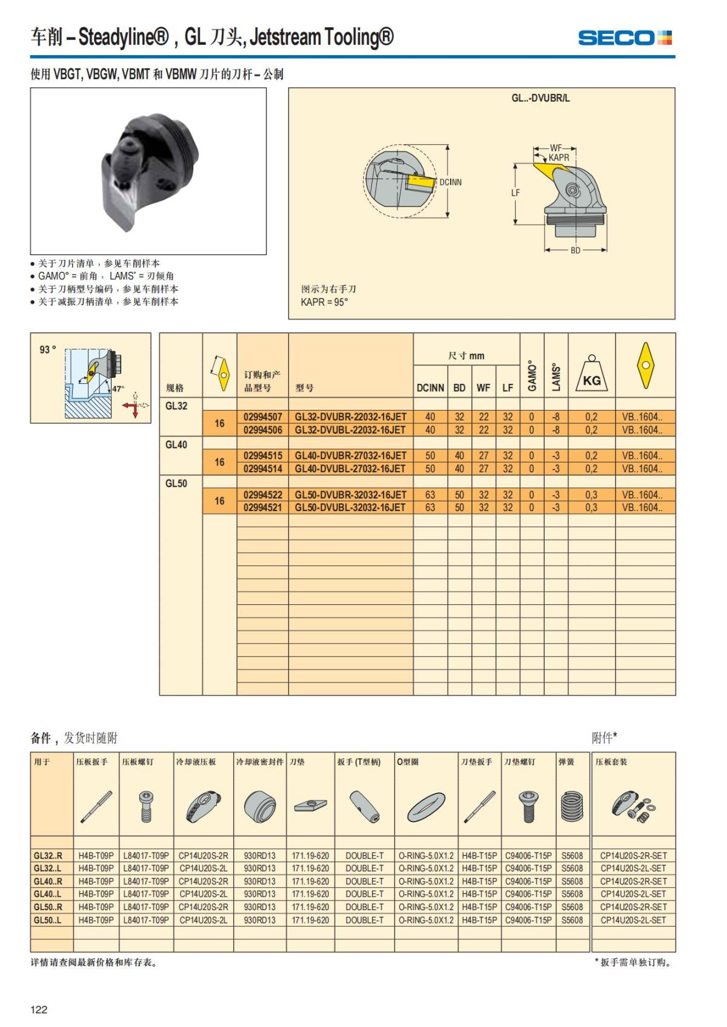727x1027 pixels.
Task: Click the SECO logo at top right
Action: [x=625, y=38]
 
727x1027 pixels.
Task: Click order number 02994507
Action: [x=263, y=417]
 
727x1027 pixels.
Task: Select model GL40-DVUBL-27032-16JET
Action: [x=350, y=469]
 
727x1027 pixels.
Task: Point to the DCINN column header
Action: [x=430, y=388]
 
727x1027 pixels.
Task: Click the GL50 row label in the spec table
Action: [x=176, y=483]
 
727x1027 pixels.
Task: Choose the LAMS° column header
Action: [x=556, y=377]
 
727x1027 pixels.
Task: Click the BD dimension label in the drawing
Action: [x=575, y=250]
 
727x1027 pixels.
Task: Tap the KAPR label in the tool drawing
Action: [x=559, y=157]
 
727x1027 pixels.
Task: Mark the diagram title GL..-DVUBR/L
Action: [x=540, y=98]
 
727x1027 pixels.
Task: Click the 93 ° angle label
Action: [x=48, y=349]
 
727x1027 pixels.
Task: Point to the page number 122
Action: [x=39, y=1009]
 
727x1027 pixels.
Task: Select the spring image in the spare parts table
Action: [x=571, y=806]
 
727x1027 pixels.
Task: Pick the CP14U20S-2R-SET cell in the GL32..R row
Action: [x=633, y=856]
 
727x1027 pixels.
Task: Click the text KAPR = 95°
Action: [x=324, y=302]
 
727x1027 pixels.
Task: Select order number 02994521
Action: [x=263, y=507]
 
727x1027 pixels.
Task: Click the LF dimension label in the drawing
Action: [x=515, y=193]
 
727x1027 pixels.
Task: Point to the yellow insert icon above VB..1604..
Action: [x=645, y=365]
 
